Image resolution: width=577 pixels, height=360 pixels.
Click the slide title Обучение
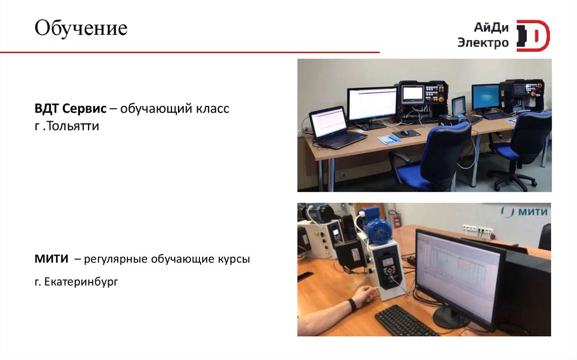pos(81,28)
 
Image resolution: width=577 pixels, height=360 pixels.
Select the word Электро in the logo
pos(483,43)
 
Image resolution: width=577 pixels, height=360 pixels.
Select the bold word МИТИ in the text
pos(51,260)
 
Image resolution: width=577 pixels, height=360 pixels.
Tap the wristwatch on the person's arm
pos(352,305)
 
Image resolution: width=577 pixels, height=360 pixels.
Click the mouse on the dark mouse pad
pos(404,132)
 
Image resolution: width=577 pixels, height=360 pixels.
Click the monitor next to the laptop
pos(372,105)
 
